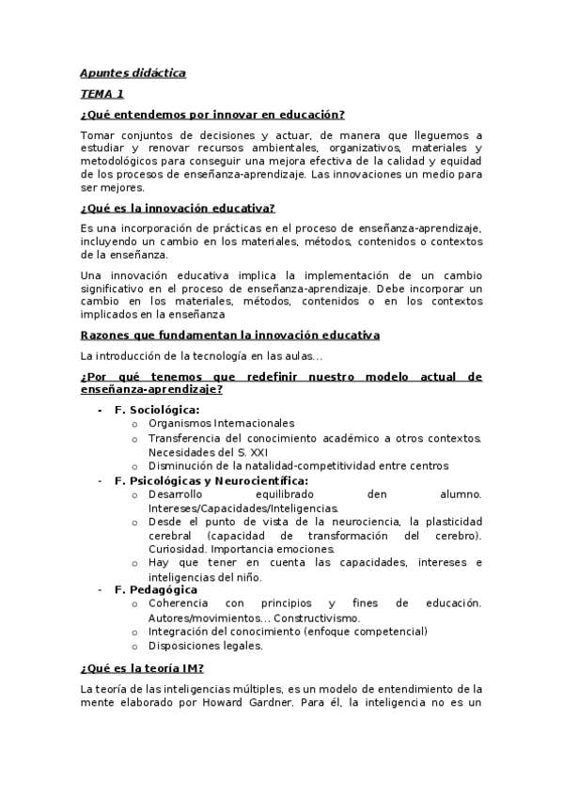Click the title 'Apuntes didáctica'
pos(133,73)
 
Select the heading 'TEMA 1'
pos(102,94)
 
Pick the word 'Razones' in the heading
pos(103,336)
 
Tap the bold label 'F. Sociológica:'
pos(156,411)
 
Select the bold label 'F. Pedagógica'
pos(156,589)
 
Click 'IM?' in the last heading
pos(190,669)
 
